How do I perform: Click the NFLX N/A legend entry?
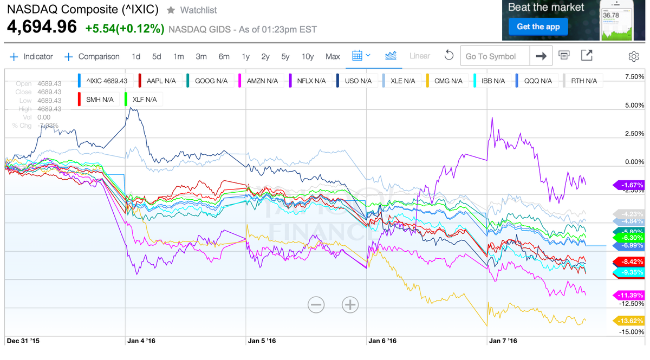(x=310, y=81)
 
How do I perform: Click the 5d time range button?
(x=157, y=56)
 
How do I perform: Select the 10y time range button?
(x=307, y=56)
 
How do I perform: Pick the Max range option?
(x=333, y=56)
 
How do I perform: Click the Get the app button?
(x=538, y=27)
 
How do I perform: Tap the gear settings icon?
(x=633, y=56)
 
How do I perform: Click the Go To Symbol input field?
(x=494, y=56)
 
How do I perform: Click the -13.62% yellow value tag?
(x=628, y=321)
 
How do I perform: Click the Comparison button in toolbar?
(x=92, y=56)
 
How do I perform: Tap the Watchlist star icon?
(x=171, y=10)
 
